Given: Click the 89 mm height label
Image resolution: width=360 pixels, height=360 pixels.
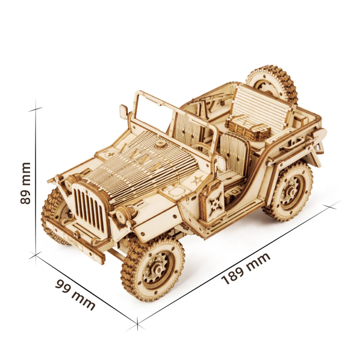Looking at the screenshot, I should coord(26,183).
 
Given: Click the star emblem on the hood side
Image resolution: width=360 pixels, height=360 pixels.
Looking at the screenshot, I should coord(197,180).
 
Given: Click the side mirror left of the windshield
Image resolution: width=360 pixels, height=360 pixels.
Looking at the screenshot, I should coord(123,112).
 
